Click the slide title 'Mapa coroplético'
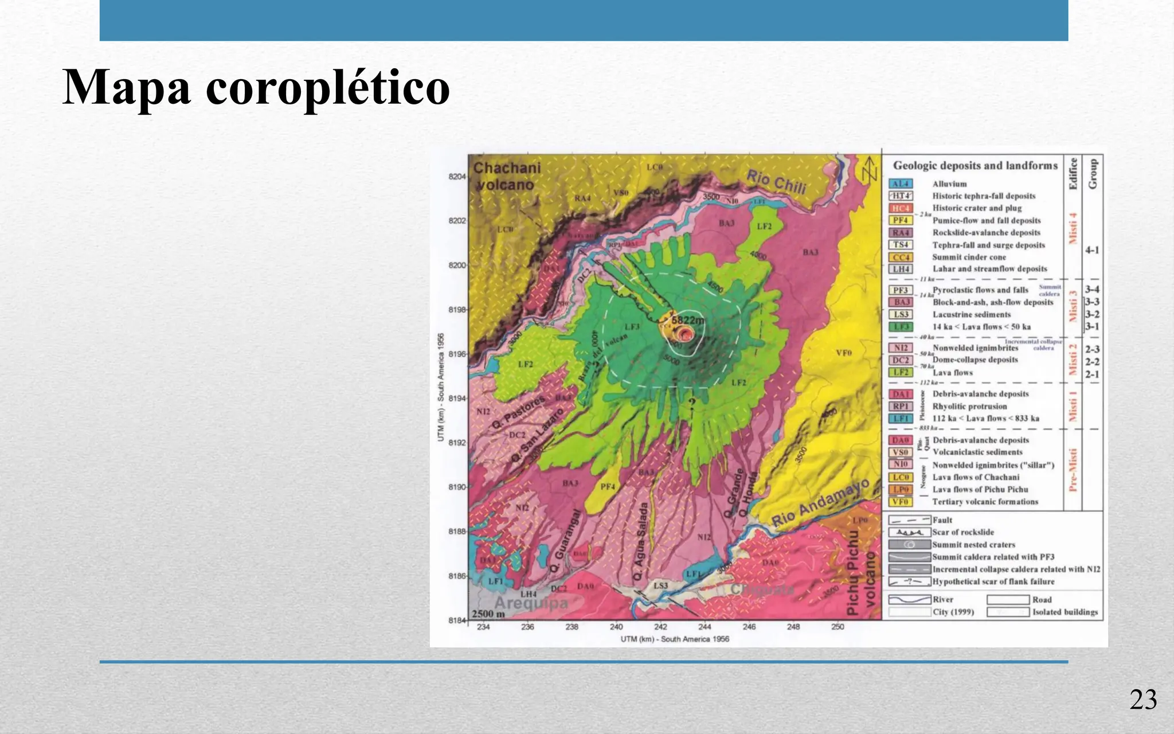click(256, 87)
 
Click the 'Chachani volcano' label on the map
click(504, 176)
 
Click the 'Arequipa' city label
click(531, 603)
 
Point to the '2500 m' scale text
click(488, 614)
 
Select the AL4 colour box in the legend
click(901, 184)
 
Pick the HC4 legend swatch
click(901, 208)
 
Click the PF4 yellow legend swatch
click(901, 220)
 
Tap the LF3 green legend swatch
click(901, 327)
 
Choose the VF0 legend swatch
click(901, 502)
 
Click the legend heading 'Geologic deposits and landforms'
click(975, 166)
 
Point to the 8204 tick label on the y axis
click(457, 177)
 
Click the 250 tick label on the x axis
click(838, 627)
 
